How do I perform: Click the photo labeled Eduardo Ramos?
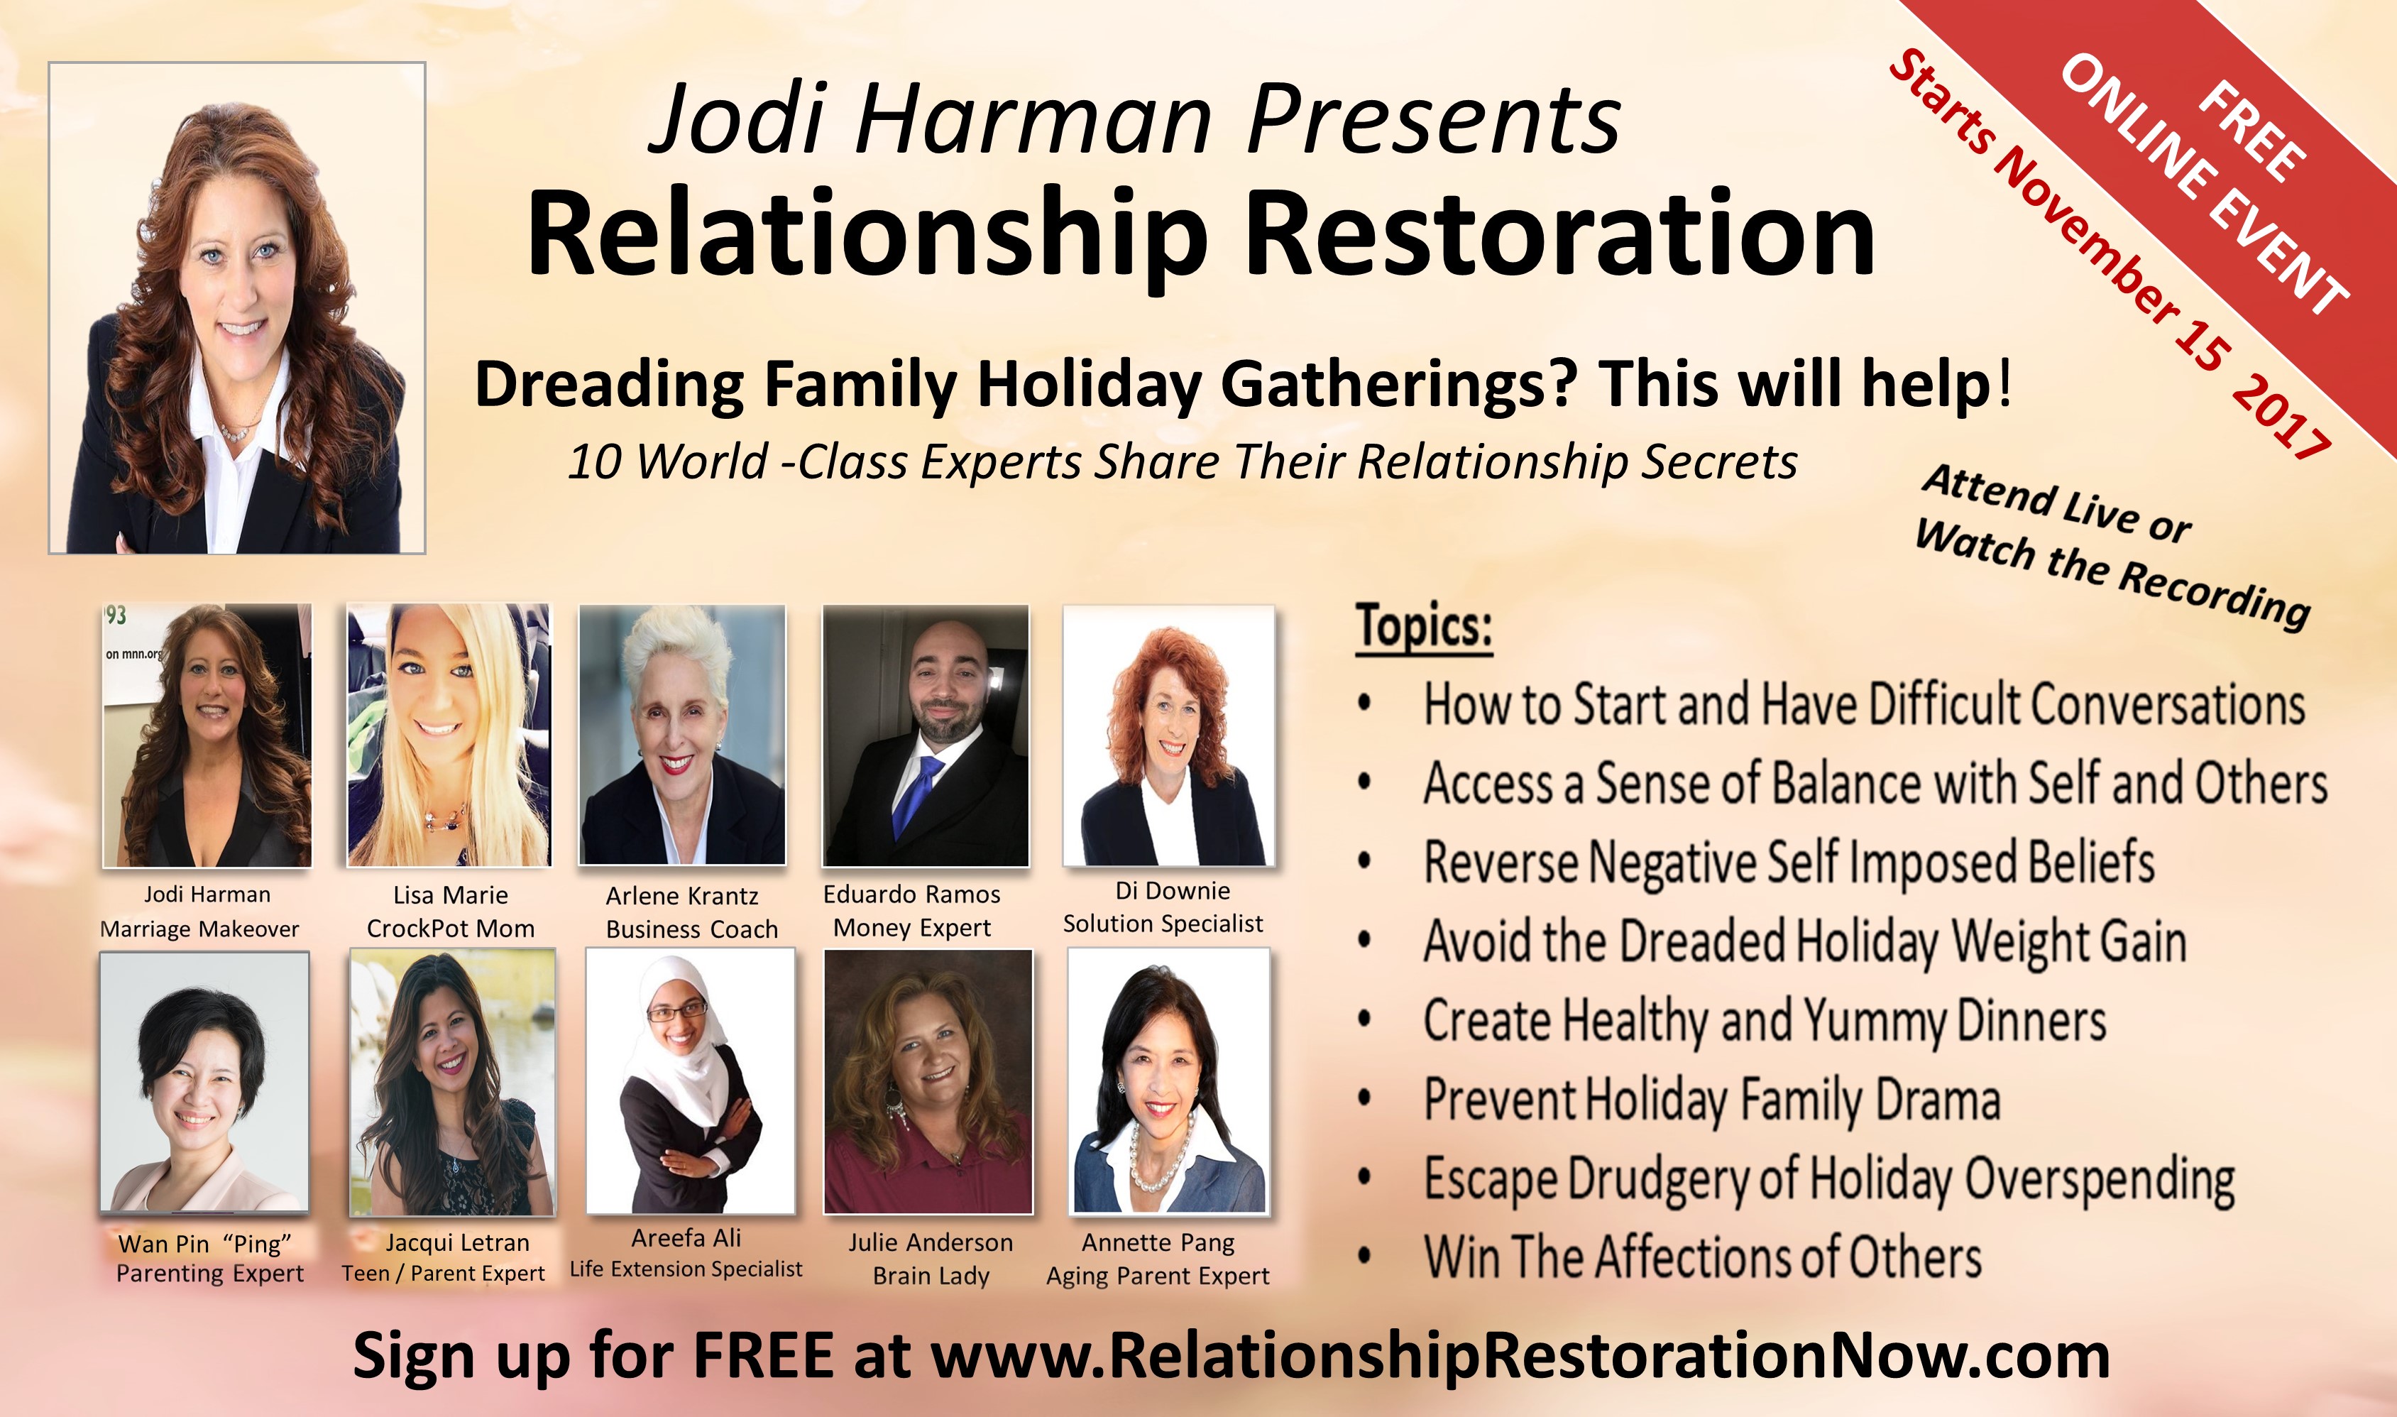click(926, 735)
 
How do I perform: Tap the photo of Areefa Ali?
click(690, 1081)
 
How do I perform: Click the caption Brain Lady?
click(931, 1276)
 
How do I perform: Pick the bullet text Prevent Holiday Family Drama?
click(1711, 1100)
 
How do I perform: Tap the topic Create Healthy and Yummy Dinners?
click(1764, 1021)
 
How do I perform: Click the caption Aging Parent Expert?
click(1158, 1276)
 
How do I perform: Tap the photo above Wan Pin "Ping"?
click(204, 1082)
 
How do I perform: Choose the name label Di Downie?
click(1173, 891)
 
